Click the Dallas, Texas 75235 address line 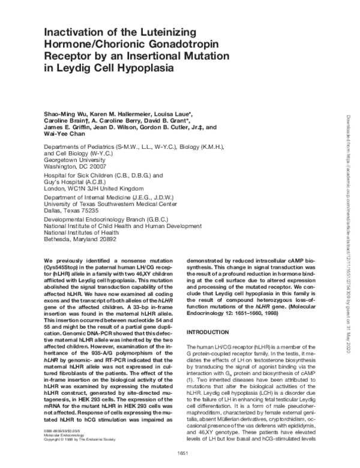point(74,211)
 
